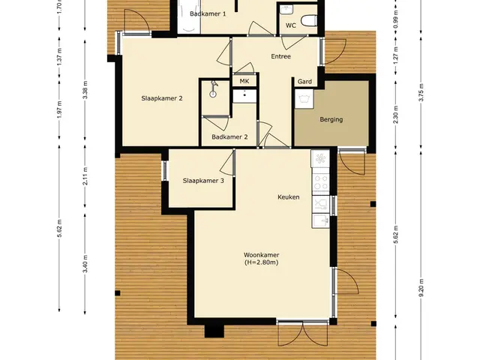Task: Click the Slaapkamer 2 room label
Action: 162,98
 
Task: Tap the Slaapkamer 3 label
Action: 203,181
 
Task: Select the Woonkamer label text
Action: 262,255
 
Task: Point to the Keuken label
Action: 288,196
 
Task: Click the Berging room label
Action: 331,119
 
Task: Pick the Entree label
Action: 280,56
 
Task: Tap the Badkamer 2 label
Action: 229,136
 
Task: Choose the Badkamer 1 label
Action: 208,13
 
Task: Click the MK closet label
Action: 244,81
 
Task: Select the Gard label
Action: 305,82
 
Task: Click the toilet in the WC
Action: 308,21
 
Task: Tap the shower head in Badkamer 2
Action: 213,89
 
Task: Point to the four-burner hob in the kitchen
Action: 320,182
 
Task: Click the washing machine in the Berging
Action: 304,98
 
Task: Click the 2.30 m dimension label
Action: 396,115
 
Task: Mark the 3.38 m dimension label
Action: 85,89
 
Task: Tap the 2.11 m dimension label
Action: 85,176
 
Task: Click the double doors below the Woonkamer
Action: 303,333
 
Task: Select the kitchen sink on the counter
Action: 320,220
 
